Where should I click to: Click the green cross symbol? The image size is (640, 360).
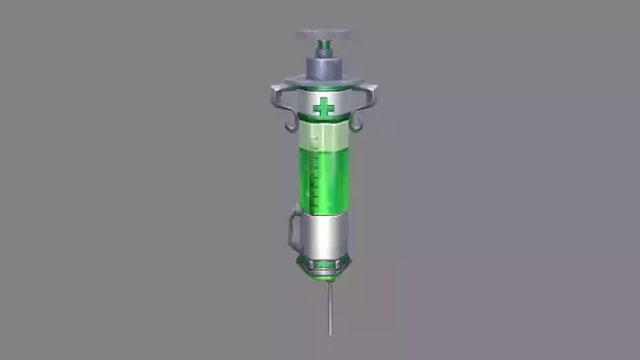point(326,108)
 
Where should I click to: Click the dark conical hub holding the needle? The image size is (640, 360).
point(328,277)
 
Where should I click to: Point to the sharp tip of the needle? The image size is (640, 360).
point(329,334)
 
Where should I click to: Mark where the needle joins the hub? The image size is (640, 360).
point(328,285)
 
